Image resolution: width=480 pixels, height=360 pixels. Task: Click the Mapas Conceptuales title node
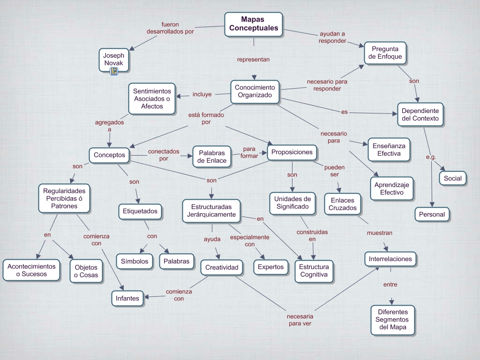253,24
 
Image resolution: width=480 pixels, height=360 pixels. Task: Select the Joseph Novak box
114,59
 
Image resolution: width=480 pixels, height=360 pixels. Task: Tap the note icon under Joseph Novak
114,71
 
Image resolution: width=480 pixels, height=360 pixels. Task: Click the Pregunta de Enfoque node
385,53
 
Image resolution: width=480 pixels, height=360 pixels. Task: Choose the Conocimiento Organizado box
255,91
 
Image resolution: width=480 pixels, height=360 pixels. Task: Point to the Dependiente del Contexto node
420,114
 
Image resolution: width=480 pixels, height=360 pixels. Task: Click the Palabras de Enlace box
212,157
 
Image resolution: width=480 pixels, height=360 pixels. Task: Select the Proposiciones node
292,152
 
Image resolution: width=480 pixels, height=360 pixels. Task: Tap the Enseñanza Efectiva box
389,150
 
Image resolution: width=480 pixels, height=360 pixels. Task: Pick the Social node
453,178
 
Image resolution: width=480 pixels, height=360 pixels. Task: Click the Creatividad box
222,268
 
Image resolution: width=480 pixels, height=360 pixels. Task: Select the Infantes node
127,298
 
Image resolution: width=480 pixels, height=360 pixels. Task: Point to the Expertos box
270,267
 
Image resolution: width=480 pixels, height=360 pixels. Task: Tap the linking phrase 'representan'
253,60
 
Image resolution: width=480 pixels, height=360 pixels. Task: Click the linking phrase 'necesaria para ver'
300,320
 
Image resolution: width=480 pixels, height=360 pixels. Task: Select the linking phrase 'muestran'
380,232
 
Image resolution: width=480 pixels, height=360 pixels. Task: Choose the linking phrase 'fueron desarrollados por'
170,28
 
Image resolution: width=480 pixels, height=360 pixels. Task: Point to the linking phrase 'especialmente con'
249,240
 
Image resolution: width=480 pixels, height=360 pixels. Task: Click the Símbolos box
135,262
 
